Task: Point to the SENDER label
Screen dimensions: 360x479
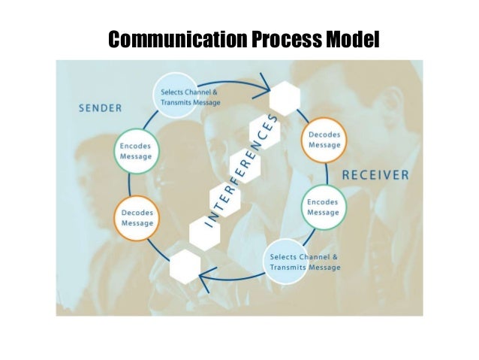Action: coord(101,107)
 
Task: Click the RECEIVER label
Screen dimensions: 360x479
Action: coord(375,175)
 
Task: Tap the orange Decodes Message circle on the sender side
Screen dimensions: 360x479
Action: coord(137,218)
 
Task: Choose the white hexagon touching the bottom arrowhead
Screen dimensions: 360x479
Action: coord(185,268)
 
